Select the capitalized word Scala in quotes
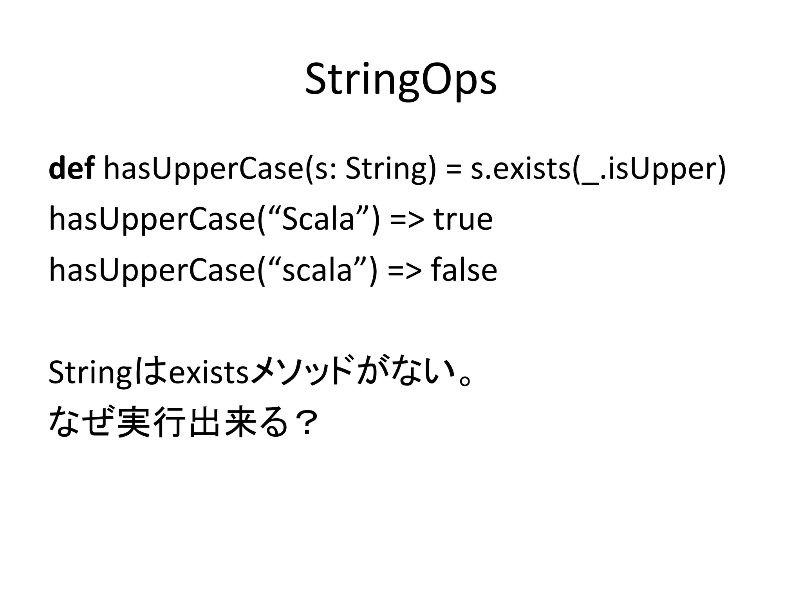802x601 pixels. pyautogui.click(x=318, y=220)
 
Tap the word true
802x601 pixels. pyautogui.click(x=463, y=220)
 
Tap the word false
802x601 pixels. pyautogui.click(x=464, y=270)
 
